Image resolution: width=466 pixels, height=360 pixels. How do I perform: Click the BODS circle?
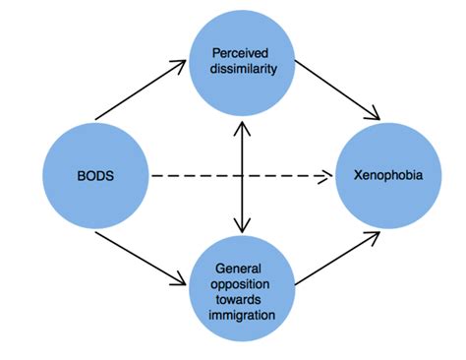[95, 177]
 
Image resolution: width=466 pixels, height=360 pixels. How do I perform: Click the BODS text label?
[95, 177]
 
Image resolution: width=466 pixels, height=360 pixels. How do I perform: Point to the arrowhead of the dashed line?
[325, 177]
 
